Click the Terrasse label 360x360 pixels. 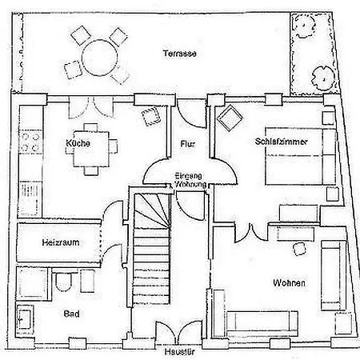pyautogui.click(x=180, y=54)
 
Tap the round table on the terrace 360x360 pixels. pyautogui.click(x=100, y=58)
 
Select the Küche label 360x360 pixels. pyautogui.click(x=78, y=143)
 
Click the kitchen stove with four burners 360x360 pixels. pyautogui.click(x=30, y=142)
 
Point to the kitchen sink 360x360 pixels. pyautogui.click(x=30, y=198)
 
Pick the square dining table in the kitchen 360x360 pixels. pyautogui.click(x=91, y=149)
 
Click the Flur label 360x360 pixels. pyautogui.click(x=188, y=144)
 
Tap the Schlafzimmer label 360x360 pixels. pyautogui.click(x=282, y=142)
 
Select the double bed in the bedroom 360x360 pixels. pyautogui.click(x=300, y=156)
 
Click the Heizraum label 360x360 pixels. pyautogui.click(x=61, y=242)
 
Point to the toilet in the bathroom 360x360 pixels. pyautogui.click(x=64, y=281)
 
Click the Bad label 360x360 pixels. pyautogui.click(x=71, y=314)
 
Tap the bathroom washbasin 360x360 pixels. pyautogui.click(x=25, y=318)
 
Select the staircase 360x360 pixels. pyautogui.click(x=151, y=249)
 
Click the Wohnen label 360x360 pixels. pyautogui.click(x=289, y=282)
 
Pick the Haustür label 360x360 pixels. pyautogui.click(x=179, y=352)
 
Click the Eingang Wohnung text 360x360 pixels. pyautogui.click(x=190, y=180)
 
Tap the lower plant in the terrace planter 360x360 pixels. pyautogui.click(x=323, y=78)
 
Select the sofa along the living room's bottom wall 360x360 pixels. pyautogui.click(x=262, y=322)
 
